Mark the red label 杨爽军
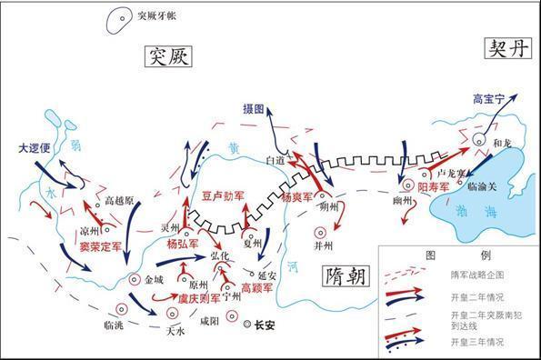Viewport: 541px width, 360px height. click(297, 196)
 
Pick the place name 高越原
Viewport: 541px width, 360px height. click(120, 200)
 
